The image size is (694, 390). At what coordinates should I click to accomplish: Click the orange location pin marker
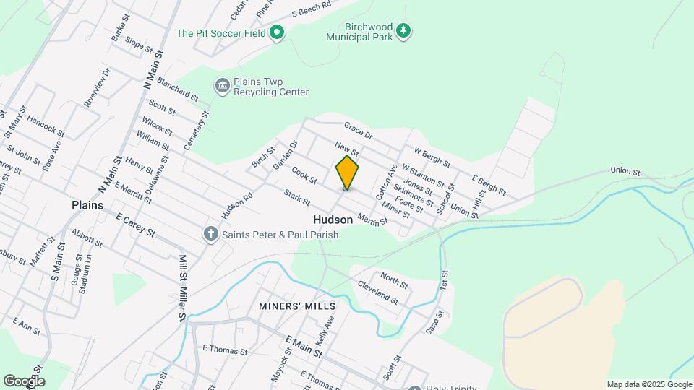[347, 172]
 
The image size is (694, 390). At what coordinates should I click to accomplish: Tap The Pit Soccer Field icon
[277, 32]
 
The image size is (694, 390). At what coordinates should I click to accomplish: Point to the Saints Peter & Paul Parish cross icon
[210, 234]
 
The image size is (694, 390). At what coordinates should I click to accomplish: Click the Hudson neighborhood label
[333, 219]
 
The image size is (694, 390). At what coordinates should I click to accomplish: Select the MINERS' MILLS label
[296, 306]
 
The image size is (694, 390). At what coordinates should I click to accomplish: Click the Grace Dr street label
[358, 130]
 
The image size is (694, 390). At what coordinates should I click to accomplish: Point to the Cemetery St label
[196, 130]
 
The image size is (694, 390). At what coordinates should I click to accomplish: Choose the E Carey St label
[135, 224]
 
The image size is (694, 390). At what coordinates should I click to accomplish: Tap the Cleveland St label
[377, 292]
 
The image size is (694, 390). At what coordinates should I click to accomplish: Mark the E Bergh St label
[489, 185]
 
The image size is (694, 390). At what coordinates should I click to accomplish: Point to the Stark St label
[297, 196]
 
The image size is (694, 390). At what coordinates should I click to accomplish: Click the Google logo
[24, 381]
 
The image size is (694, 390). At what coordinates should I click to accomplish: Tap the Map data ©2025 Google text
[649, 384]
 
